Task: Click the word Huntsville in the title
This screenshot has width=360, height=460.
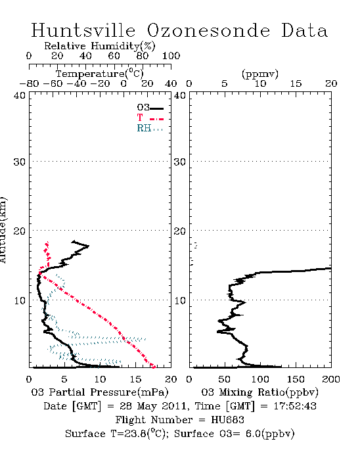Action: (83, 30)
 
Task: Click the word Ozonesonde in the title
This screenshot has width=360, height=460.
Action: (208, 31)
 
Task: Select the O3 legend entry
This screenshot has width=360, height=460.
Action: (150, 108)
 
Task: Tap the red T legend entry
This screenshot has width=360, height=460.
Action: (150, 118)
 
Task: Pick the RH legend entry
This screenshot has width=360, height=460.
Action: (150, 128)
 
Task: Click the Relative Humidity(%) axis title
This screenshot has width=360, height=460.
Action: (100, 46)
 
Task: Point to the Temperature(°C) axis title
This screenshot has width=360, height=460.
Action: (100, 74)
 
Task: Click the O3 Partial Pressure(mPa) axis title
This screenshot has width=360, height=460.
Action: (100, 392)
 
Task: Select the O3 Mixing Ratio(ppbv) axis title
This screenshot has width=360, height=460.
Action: (259, 392)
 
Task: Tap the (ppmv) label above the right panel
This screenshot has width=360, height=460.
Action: (260, 74)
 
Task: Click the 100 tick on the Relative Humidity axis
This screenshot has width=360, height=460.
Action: (171, 56)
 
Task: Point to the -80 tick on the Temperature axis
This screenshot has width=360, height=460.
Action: (29, 84)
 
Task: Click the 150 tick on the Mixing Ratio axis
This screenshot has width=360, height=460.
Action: (296, 379)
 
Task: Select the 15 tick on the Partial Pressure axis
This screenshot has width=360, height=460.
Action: (135, 379)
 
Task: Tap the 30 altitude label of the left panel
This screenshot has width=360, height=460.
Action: (19, 162)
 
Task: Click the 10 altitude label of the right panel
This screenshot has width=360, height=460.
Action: (180, 300)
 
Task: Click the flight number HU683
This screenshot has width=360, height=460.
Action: (227, 420)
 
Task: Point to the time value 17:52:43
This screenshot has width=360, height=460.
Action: (295, 406)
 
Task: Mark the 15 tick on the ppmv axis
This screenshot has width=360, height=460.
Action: (296, 84)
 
